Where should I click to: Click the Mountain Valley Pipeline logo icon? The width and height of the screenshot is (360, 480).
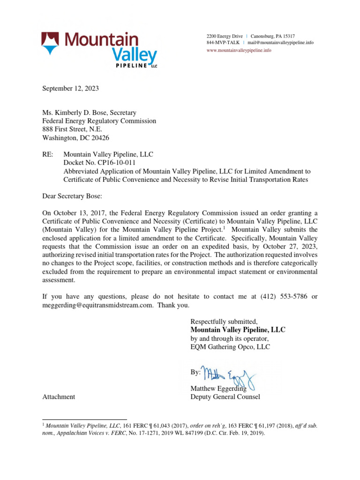click(x=50, y=43)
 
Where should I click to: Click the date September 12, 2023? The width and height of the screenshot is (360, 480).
click(x=71, y=88)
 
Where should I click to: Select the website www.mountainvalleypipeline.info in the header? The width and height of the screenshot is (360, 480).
click(x=239, y=50)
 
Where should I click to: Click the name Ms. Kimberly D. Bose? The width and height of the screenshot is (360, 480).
click(x=74, y=112)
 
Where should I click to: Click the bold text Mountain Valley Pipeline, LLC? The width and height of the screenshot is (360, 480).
click(x=238, y=330)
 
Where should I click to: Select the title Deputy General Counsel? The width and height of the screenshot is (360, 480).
click(x=225, y=397)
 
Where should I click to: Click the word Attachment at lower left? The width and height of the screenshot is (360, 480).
click(x=59, y=397)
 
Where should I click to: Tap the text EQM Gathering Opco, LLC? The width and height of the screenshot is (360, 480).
click(x=230, y=347)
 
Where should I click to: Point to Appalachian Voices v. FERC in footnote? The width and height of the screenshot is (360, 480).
click(x=94, y=433)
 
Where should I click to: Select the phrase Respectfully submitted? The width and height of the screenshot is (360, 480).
click(x=224, y=322)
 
